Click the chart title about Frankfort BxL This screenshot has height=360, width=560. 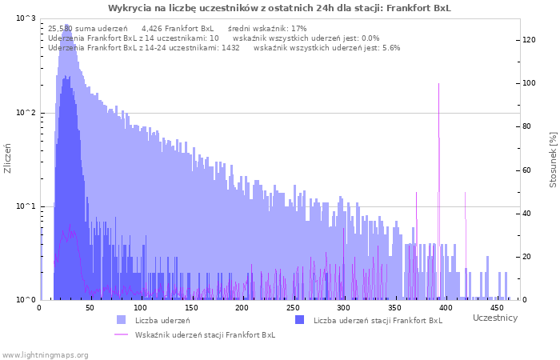pos(279,8)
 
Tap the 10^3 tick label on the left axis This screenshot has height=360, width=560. pos(26,18)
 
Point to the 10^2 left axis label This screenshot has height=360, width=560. pos(26,113)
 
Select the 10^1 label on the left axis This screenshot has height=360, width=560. pos(26,206)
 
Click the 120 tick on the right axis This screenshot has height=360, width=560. pos(529,40)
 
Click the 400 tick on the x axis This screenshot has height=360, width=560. pos(446,308)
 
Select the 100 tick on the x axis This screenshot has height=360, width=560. pos(140,308)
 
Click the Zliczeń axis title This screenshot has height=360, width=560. pos(7,158)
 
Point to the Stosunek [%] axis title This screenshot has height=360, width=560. pos(553,160)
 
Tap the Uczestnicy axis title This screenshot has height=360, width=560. pos(495,318)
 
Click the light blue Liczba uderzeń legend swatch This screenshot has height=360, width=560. pos(122,320)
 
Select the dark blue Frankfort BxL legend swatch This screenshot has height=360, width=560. pos(300,320)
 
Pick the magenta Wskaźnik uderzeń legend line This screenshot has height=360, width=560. pos(121,334)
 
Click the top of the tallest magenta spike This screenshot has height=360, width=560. pos(438,83)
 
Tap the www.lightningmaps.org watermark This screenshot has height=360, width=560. pos(44,355)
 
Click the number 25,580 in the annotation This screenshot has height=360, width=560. pos(60,29)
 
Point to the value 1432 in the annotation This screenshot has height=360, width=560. pos(230,48)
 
